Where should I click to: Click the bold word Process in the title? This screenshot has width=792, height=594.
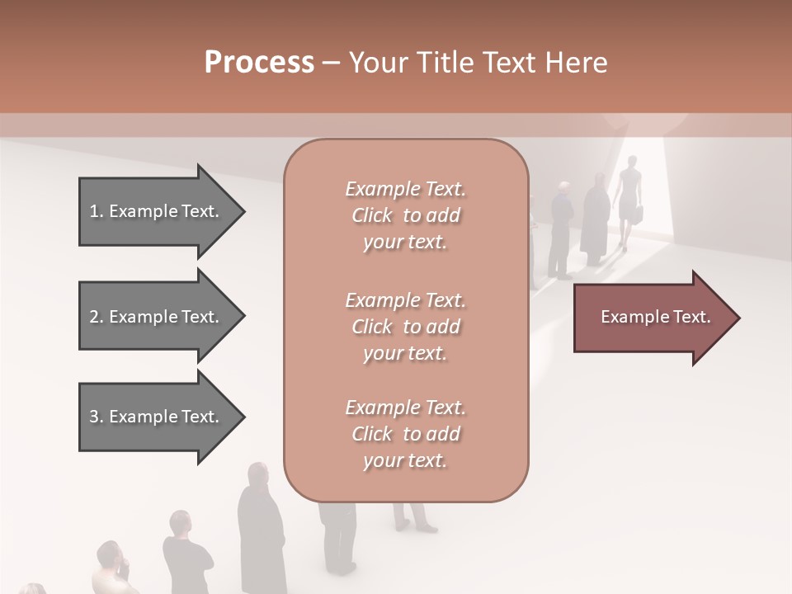[259, 63]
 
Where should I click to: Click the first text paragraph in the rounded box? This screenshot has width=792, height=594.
[405, 215]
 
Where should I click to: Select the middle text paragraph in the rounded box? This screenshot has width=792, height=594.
[405, 326]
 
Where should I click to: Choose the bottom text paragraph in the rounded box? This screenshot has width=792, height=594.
[405, 434]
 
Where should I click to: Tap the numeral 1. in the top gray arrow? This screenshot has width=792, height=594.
[97, 211]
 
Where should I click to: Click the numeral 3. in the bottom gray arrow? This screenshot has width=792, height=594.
[97, 417]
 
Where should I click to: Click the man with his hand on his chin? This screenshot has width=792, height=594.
[114, 569]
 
